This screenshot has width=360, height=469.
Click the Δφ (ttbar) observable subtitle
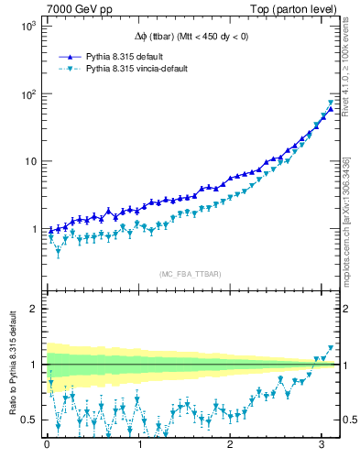pyautogui.click(x=189, y=37)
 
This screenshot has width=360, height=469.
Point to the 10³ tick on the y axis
pyautogui.click(x=27, y=27)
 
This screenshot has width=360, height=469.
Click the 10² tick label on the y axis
pyautogui.click(x=27, y=94)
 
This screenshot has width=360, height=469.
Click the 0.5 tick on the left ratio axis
pyautogui.click(x=28, y=420)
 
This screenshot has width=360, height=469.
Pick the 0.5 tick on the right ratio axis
pyautogui.click(x=348, y=420)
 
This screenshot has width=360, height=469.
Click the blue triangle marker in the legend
pyautogui.click(x=71, y=56)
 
